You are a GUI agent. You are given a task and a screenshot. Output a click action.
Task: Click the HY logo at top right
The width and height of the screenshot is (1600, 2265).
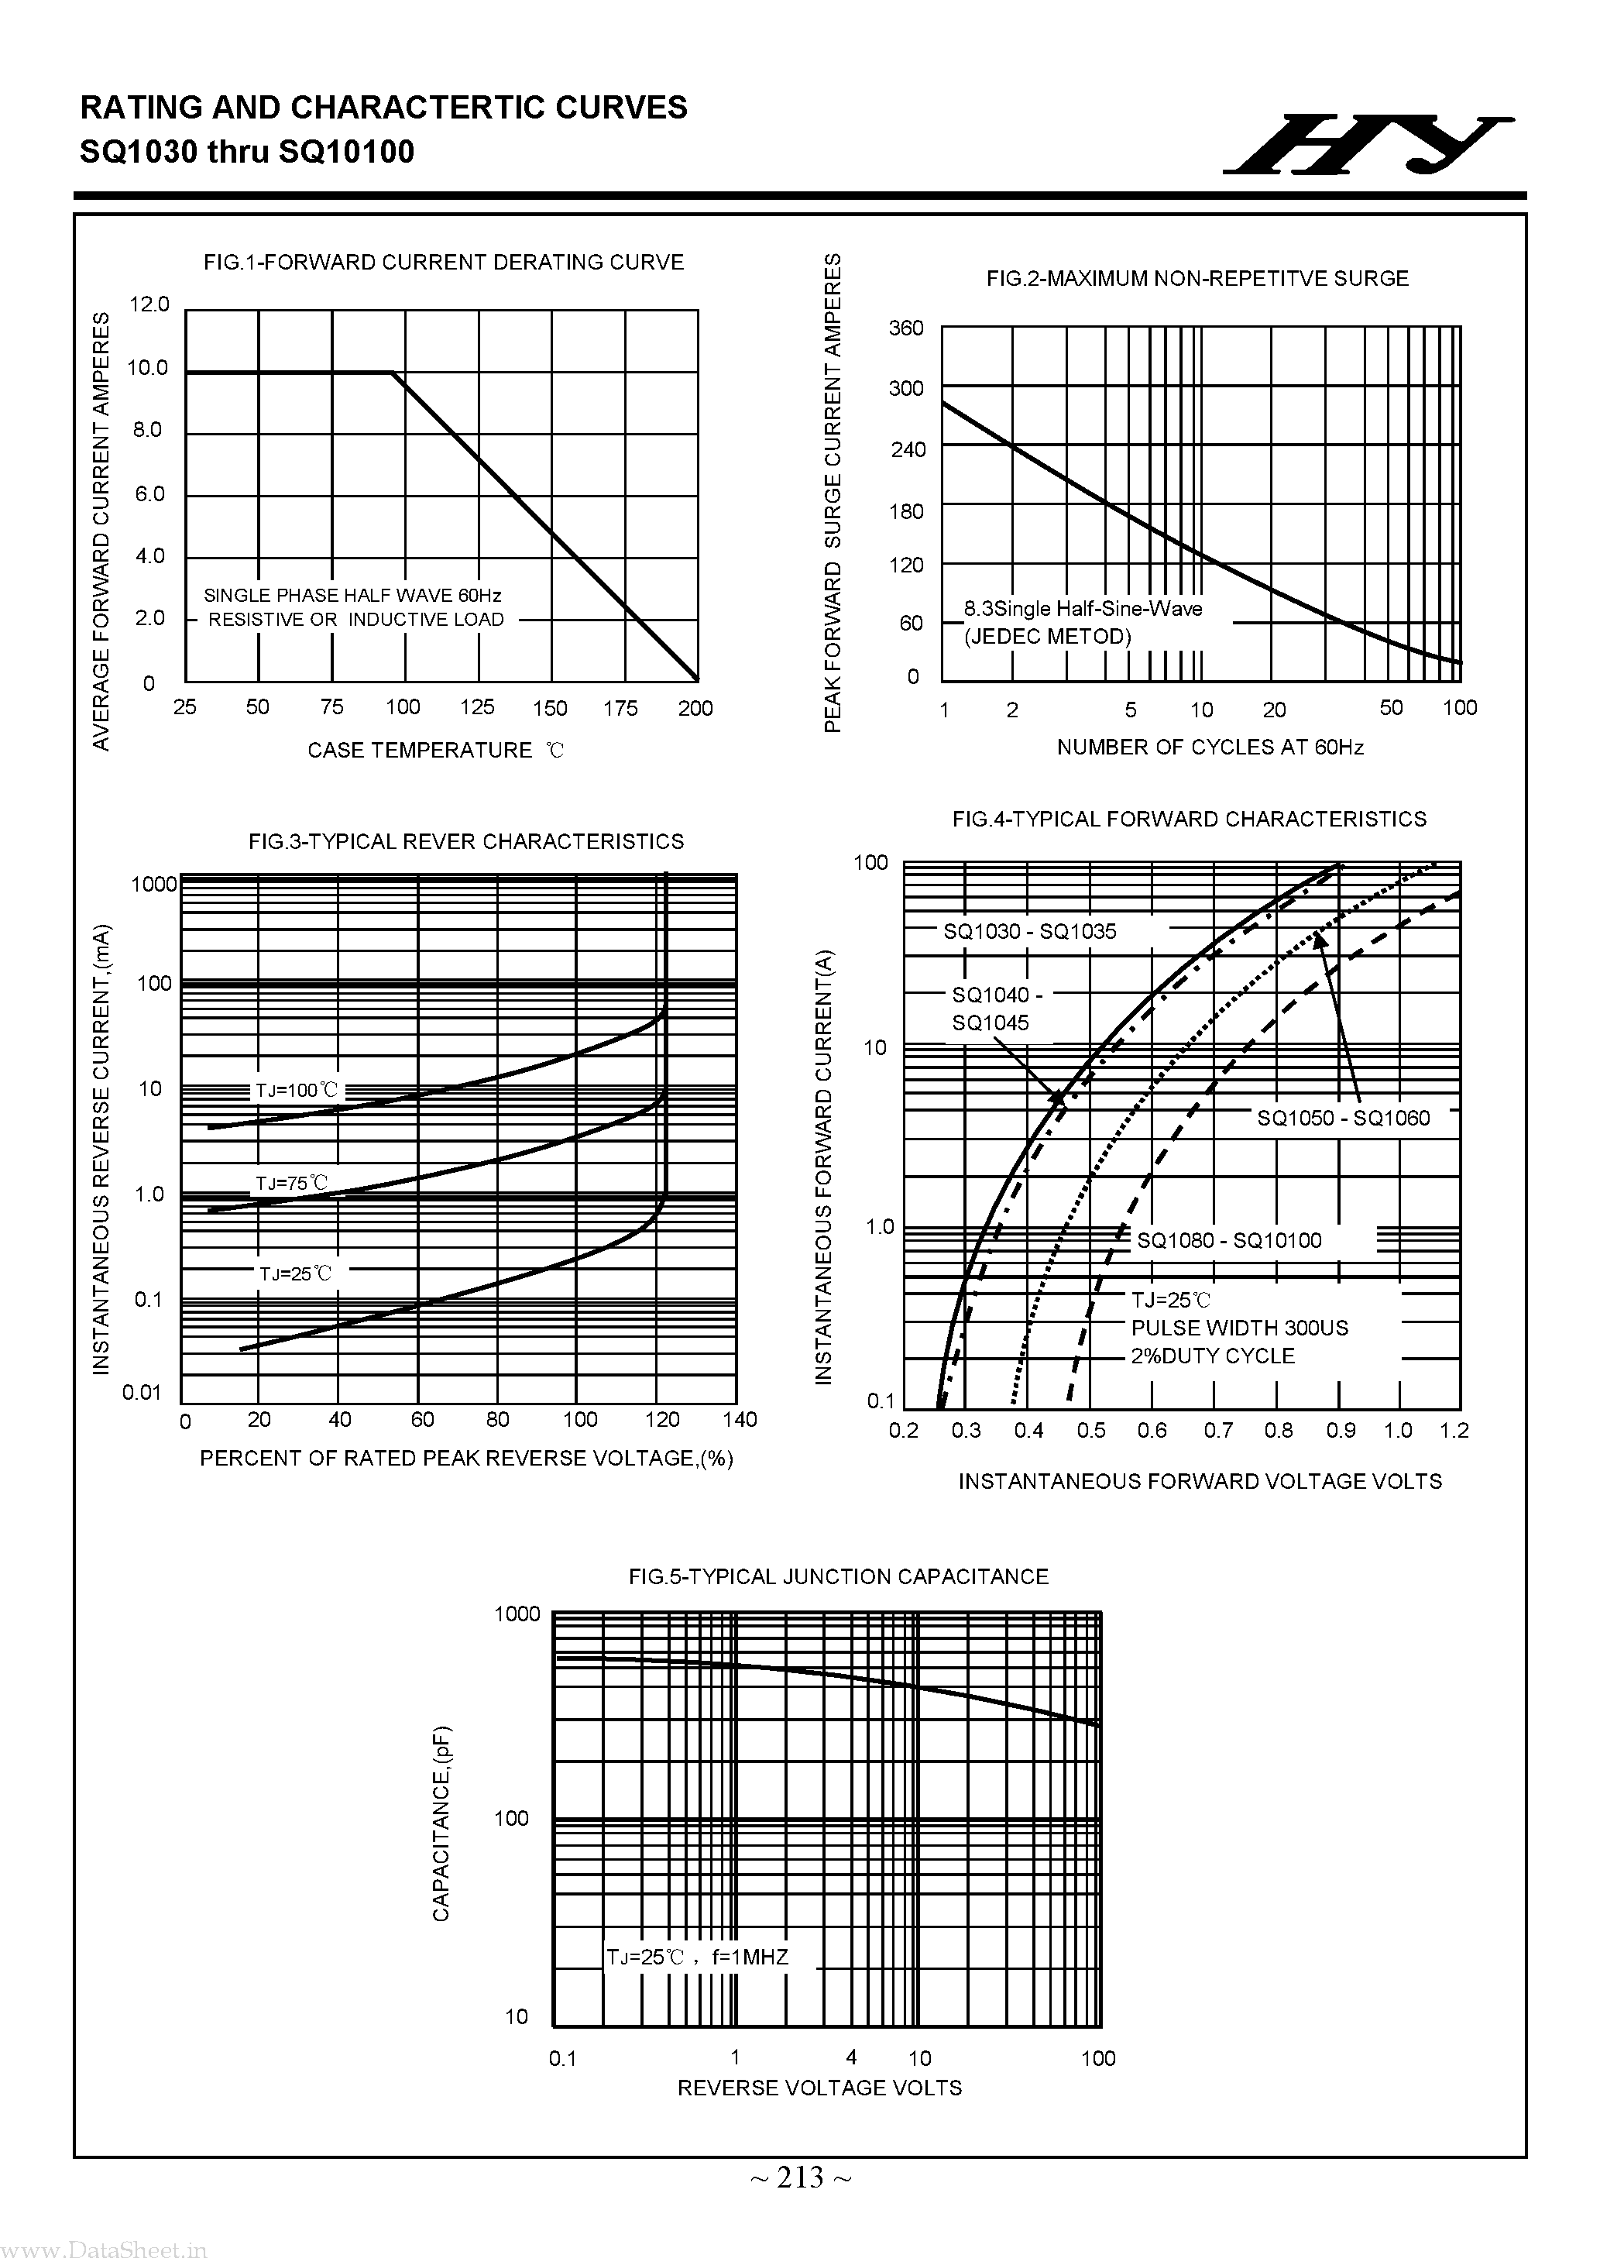(x=1366, y=145)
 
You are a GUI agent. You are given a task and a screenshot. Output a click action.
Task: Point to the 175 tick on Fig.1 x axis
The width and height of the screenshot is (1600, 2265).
(x=620, y=707)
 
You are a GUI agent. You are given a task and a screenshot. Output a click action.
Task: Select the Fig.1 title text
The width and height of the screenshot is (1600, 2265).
(x=443, y=263)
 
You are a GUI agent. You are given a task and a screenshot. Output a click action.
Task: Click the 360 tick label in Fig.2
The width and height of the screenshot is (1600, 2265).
(x=905, y=328)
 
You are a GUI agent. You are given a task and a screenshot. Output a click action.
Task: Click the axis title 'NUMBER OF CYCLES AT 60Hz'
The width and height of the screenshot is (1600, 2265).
(x=1210, y=747)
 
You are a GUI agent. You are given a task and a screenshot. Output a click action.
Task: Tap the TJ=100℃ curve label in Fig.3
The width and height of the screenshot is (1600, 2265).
(x=296, y=1090)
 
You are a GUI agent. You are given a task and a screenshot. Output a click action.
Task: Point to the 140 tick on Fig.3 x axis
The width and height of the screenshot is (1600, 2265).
(x=740, y=1420)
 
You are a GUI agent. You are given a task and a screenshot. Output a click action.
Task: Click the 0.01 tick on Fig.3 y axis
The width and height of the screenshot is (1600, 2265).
(x=142, y=1392)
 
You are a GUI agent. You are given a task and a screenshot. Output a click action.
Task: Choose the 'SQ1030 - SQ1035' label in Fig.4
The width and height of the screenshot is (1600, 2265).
(x=1029, y=931)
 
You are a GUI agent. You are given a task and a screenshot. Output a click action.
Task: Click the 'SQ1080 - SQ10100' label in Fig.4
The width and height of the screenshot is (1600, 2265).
(x=1228, y=1240)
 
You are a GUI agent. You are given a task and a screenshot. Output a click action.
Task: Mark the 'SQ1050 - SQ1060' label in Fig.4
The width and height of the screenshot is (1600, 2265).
(x=1343, y=1118)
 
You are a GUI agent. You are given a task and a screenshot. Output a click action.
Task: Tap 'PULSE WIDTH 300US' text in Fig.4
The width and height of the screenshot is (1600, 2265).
(x=1239, y=1328)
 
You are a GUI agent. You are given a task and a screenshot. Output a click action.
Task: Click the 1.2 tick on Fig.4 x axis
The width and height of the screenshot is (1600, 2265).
(x=1454, y=1431)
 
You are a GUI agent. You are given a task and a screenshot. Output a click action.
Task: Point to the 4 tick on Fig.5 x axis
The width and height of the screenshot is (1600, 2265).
(x=851, y=2049)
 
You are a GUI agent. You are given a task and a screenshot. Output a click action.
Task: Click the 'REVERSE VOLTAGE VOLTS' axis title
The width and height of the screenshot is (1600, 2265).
(x=819, y=2088)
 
